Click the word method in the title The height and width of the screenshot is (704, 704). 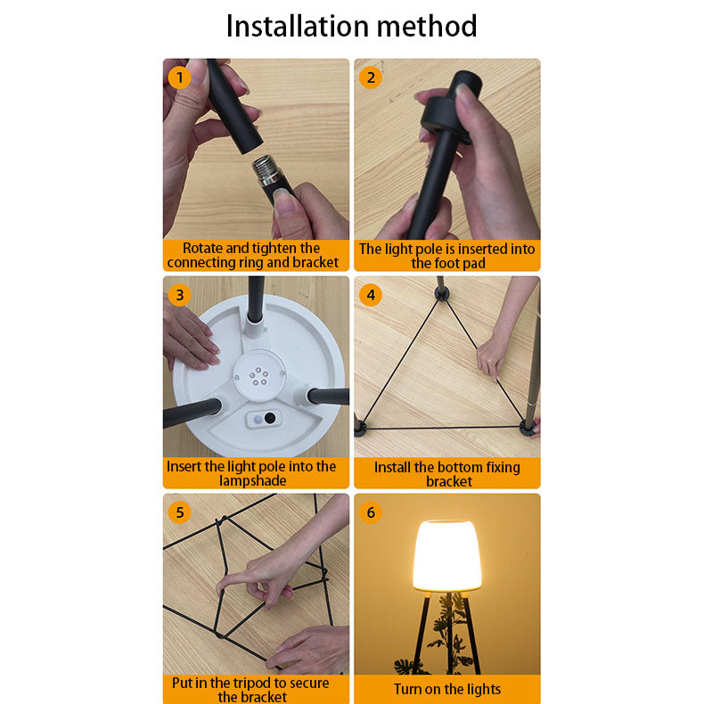pos(427,26)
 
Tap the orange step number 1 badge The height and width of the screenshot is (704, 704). pos(180,78)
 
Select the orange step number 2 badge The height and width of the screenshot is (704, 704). pos(371,78)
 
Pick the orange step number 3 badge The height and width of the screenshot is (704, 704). pos(180,295)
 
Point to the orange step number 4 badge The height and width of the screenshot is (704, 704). pos(371,295)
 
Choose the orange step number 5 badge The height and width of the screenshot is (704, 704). pos(180,512)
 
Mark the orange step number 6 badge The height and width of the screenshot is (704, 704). pos(371,512)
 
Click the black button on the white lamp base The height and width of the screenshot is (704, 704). pos(270,418)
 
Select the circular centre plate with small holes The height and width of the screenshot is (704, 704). pos(258,375)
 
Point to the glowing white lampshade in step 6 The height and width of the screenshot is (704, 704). pos(447,556)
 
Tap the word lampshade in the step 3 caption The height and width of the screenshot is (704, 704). pos(253,481)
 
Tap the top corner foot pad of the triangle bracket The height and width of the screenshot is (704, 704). pos(442,294)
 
